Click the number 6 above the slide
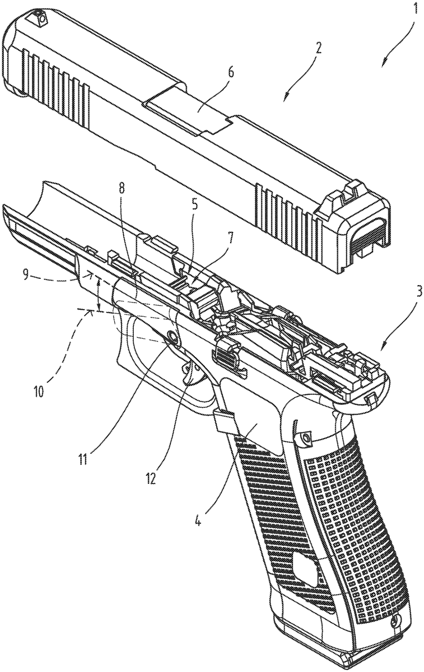[195, 206]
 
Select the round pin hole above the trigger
[173, 335]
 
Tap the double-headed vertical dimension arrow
[98, 294]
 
